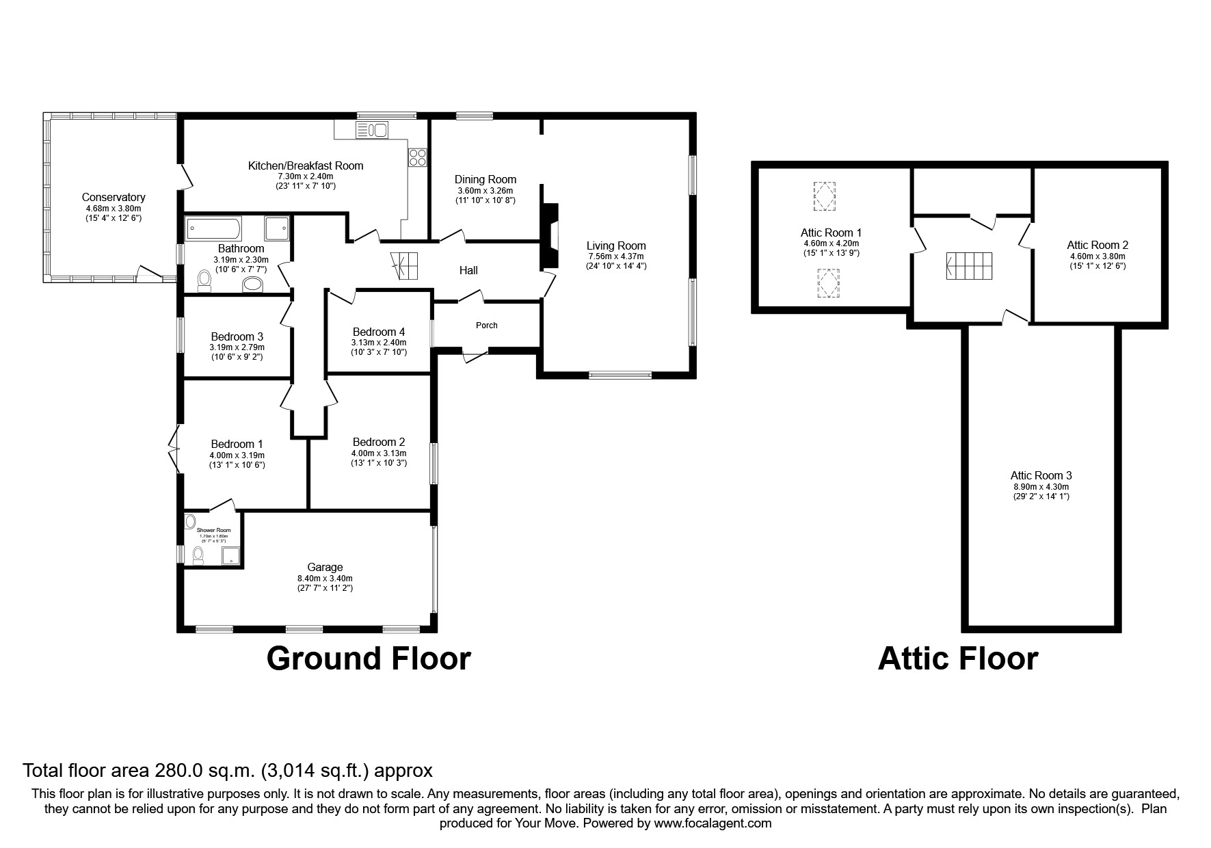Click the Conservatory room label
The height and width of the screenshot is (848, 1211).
click(114, 197)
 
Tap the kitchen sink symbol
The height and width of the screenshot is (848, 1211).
click(371, 129)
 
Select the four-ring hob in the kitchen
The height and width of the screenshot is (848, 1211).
click(418, 158)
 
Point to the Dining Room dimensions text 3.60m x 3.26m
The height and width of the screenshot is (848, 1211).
click(485, 191)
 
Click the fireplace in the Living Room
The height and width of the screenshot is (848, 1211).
click(550, 236)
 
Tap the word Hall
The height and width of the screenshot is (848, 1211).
click(468, 270)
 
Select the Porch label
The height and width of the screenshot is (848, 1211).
click(487, 325)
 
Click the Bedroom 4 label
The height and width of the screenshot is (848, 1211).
click(378, 332)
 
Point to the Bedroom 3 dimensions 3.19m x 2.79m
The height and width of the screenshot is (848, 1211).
click(237, 347)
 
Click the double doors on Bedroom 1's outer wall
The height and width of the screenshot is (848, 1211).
click(173, 449)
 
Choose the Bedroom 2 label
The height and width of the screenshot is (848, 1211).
click(379, 442)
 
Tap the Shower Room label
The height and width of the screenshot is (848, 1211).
click(213, 530)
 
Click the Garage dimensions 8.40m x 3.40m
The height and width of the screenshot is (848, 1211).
click(325, 579)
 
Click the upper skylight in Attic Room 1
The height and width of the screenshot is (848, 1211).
click(824, 196)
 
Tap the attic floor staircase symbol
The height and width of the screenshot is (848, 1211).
click(969, 265)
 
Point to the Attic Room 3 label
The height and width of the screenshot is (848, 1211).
click(1041, 475)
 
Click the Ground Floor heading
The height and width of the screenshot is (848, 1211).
click(369, 658)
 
